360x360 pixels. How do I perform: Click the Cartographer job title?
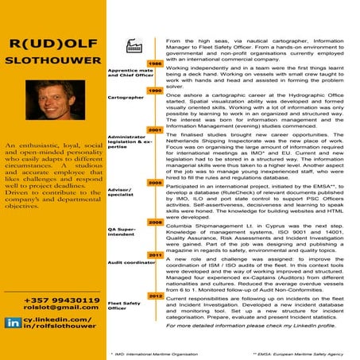coord(124,98)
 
